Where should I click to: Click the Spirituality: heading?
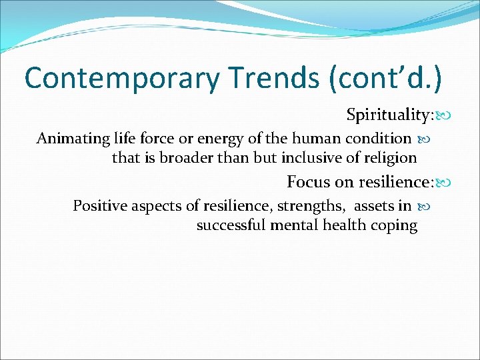tap(389, 115)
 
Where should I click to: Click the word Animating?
tap(69, 139)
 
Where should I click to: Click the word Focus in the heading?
tap(307, 181)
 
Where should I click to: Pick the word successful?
tap(231, 225)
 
